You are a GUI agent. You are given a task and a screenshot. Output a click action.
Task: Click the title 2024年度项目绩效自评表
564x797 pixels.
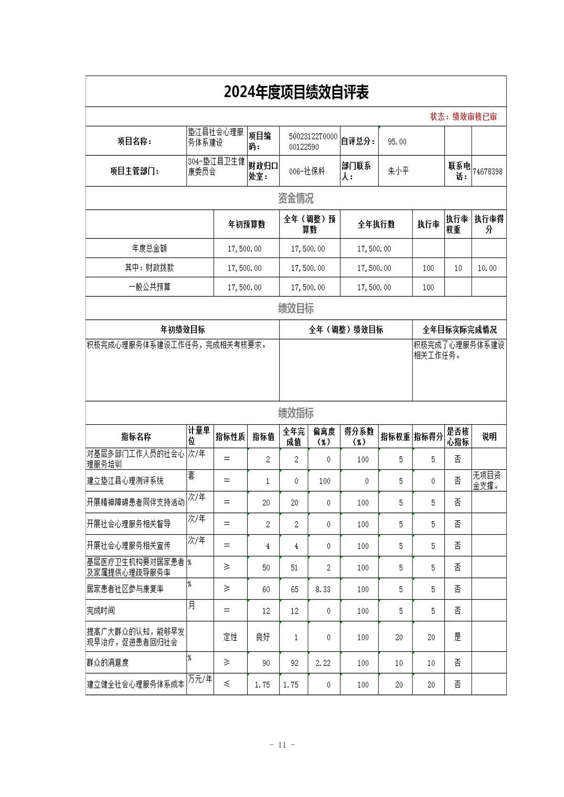296,92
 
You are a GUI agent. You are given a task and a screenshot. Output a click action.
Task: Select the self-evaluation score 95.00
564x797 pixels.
397,142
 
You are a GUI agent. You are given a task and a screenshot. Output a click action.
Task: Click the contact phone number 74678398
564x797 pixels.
487,171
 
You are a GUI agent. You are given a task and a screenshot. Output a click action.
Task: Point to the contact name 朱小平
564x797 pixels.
398,171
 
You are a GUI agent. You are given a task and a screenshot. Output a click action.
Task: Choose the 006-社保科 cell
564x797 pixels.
307,171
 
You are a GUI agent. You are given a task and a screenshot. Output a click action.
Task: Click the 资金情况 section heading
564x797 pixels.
296,198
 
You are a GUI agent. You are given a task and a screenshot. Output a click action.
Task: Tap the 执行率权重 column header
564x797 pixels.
457,224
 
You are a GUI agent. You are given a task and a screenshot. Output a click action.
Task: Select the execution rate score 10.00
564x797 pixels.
487,268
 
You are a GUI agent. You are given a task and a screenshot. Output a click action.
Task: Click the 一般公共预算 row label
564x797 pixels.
150,287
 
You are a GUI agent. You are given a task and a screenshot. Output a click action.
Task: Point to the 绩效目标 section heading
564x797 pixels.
296,308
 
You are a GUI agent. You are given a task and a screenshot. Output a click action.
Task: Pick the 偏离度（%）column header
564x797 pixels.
324,436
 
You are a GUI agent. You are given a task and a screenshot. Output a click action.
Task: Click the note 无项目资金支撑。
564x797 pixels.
487,480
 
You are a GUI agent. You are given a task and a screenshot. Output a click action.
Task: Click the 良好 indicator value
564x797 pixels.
263,637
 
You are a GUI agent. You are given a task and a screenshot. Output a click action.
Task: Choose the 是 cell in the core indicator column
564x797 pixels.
457,637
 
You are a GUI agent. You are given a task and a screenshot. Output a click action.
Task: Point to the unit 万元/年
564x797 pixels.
200,679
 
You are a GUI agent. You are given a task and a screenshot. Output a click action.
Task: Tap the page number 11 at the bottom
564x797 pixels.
282,745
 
